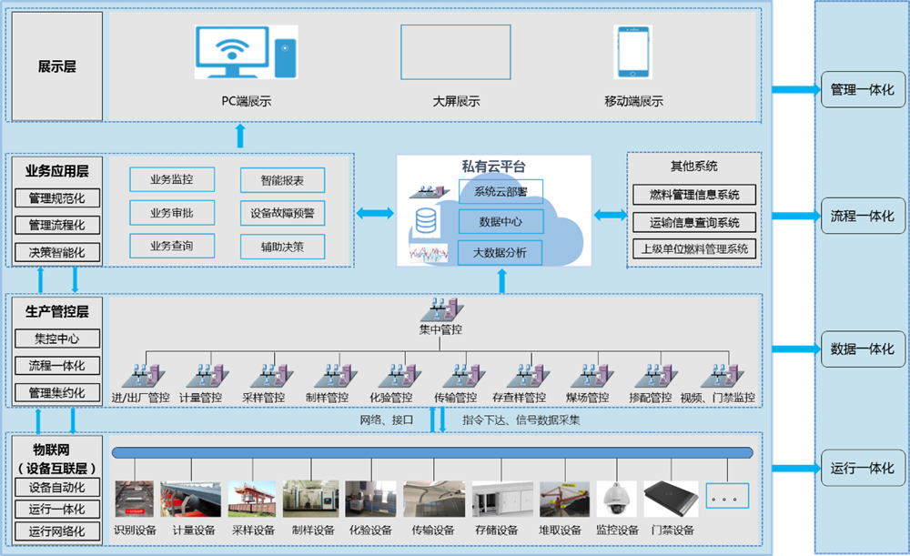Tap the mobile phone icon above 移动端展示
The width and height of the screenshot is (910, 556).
pos(633,53)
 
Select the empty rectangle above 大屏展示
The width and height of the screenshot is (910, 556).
pos(455,53)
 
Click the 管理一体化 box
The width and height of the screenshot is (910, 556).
pos(862,90)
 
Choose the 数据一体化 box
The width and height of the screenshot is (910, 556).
pos(862,349)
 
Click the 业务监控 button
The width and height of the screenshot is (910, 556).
pos(172,179)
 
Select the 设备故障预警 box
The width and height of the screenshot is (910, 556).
pos(282,213)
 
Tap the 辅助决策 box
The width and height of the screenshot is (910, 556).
pos(282,246)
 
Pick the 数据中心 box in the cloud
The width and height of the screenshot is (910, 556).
pos(500,221)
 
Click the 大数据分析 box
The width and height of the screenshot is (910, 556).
pos(500,252)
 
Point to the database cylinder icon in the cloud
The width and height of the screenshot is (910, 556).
pos(425,221)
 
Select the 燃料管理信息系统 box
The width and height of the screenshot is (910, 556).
pos(694,194)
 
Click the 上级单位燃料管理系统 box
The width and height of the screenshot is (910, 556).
pos(694,248)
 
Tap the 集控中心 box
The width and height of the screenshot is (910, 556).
pos(57,339)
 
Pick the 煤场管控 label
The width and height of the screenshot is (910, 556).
pos(587,398)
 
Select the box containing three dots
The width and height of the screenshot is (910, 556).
pos(726,496)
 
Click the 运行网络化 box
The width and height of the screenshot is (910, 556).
pos(57,531)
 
